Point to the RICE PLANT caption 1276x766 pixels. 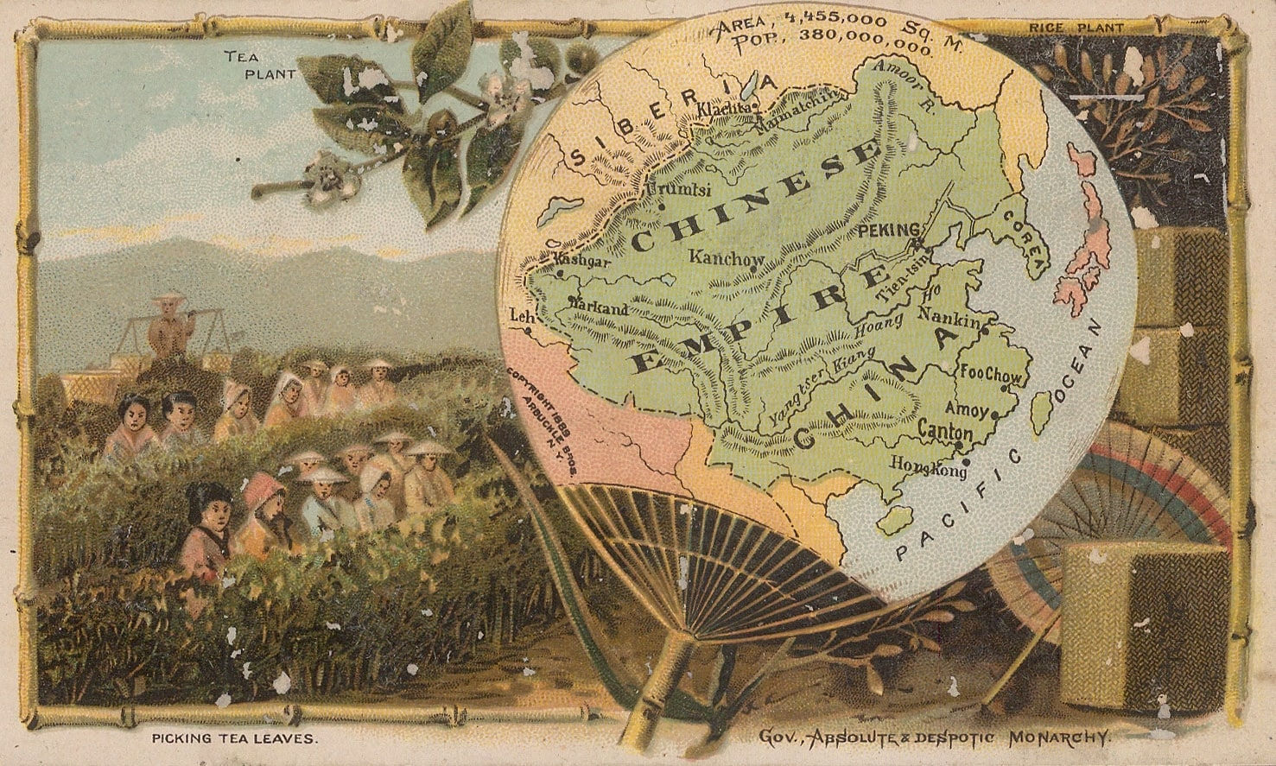(1076, 28)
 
